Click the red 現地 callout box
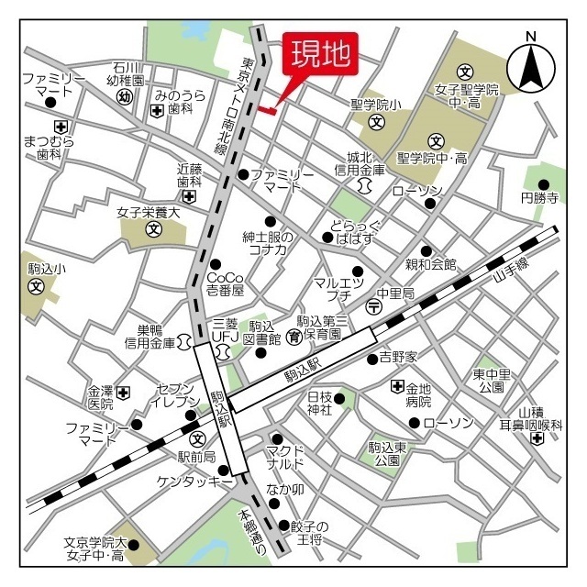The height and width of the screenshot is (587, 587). pyautogui.click(x=320, y=54)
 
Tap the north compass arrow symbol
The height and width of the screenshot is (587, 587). pyautogui.click(x=529, y=64)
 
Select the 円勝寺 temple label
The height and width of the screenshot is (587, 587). pyautogui.click(x=539, y=198)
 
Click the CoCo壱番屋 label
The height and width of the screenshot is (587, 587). pyautogui.click(x=225, y=283)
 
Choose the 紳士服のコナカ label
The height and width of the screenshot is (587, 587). pyautogui.click(x=267, y=243)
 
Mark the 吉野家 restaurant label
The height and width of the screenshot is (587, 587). pyautogui.click(x=398, y=357)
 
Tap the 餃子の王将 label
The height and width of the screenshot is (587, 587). pyautogui.click(x=309, y=533)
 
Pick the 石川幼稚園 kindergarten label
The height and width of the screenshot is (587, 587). pyautogui.click(x=126, y=73)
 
